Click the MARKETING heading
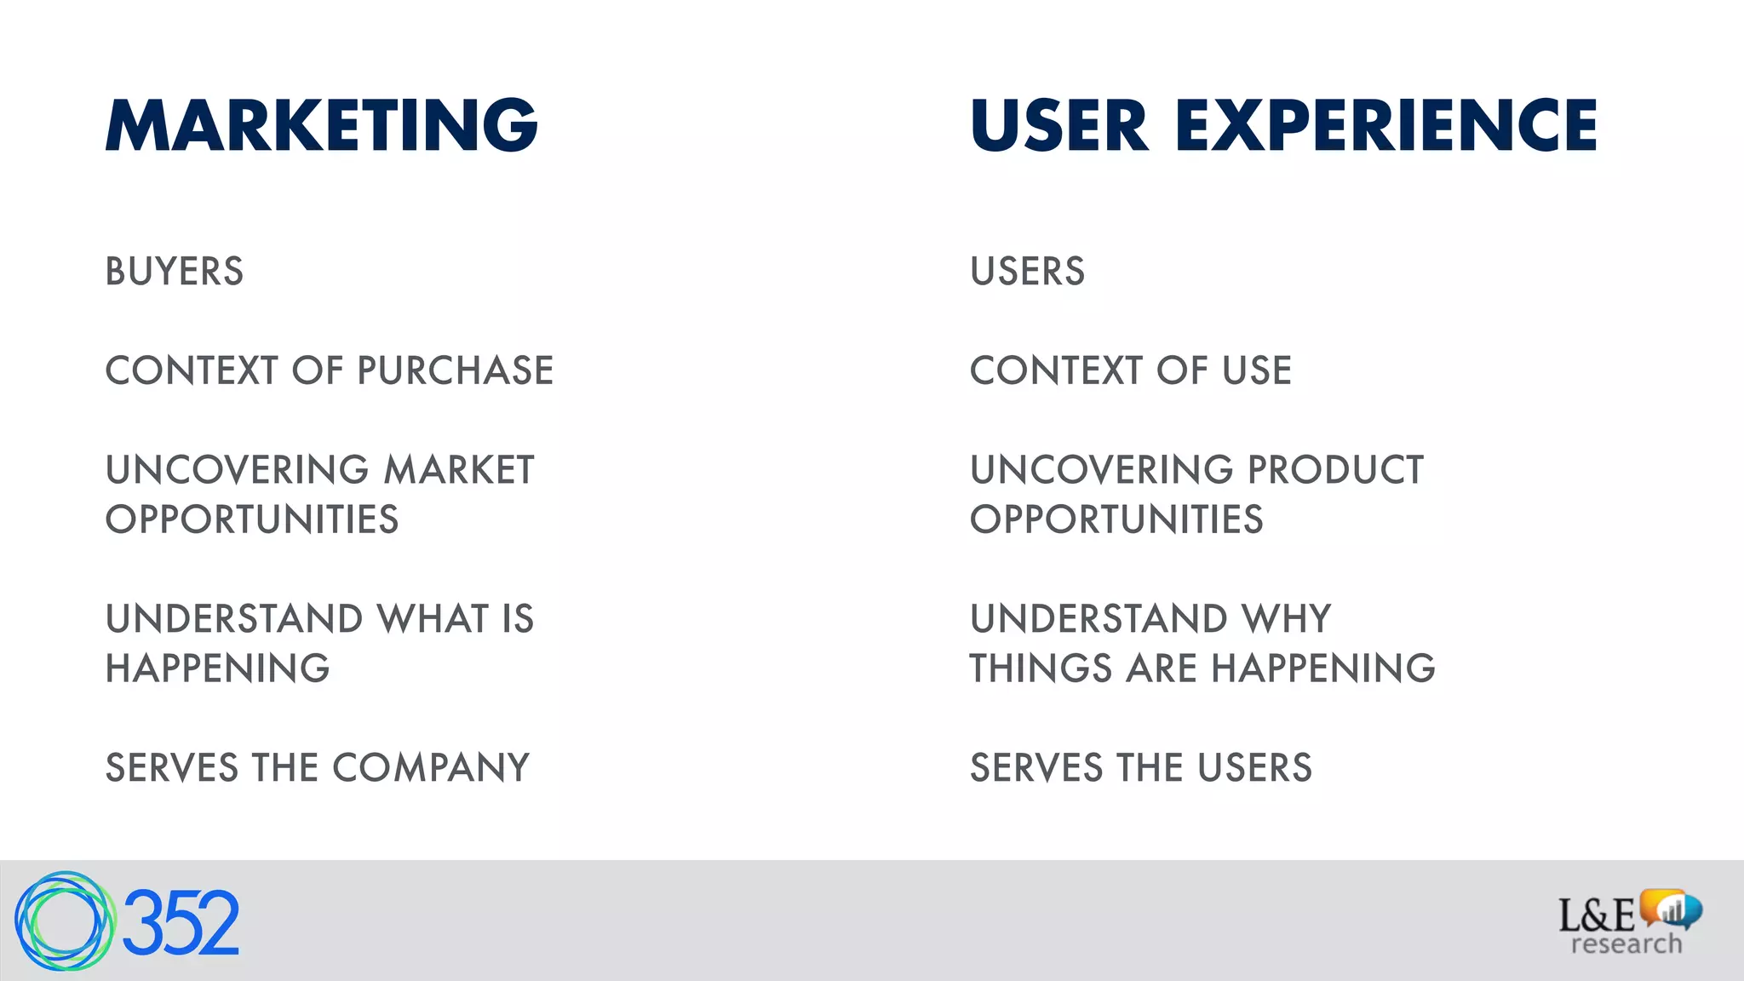click(x=321, y=125)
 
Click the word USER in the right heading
click(x=1059, y=125)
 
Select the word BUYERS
click(x=175, y=272)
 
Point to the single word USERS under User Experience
click(x=1027, y=272)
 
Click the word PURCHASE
click(x=455, y=371)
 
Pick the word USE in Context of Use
click(x=1257, y=371)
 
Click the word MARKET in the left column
click(x=459, y=470)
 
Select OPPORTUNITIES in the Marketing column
click(x=252, y=520)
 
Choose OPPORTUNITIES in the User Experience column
click(x=1116, y=520)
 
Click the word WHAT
click(x=433, y=619)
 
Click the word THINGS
click(x=1041, y=668)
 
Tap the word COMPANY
click(x=431, y=768)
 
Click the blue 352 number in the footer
click(x=181, y=923)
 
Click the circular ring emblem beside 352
click(x=64, y=921)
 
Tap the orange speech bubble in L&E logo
click(x=1661, y=906)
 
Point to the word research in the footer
click(x=1626, y=944)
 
